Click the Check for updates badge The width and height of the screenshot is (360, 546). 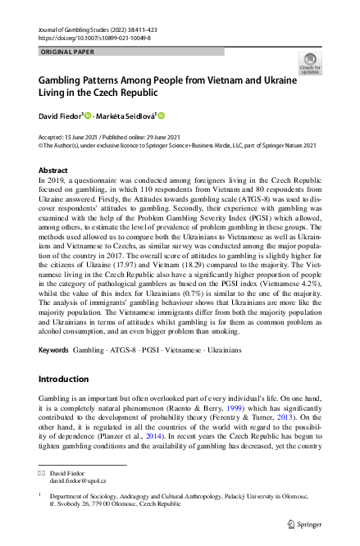coord(311,63)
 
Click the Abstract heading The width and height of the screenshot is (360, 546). coord(54,170)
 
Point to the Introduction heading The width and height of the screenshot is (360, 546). coord(66,380)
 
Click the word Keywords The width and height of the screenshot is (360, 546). coord(54,350)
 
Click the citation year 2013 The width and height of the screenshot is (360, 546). coord(298,417)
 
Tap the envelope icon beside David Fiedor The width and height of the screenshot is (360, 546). coord(43,473)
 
